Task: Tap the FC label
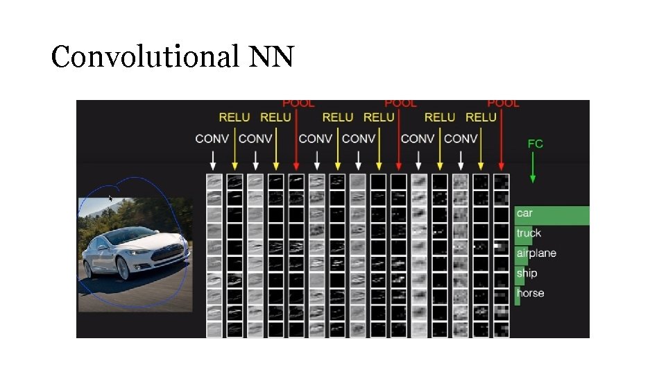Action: (x=535, y=144)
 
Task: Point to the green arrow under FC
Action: (x=533, y=167)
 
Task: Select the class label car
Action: (x=524, y=213)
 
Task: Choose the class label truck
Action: (x=529, y=233)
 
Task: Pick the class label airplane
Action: (x=536, y=253)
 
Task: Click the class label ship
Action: (x=527, y=273)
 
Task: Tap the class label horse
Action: (x=530, y=293)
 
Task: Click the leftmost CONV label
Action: (x=212, y=139)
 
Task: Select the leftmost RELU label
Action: (x=234, y=117)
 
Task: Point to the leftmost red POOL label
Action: (x=298, y=103)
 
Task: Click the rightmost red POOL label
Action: (x=504, y=103)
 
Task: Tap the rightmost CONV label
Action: (x=461, y=139)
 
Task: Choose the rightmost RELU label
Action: (x=481, y=117)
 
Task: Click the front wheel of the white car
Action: (x=123, y=269)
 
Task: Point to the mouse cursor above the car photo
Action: (x=110, y=199)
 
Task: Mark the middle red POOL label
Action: (x=401, y=103)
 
